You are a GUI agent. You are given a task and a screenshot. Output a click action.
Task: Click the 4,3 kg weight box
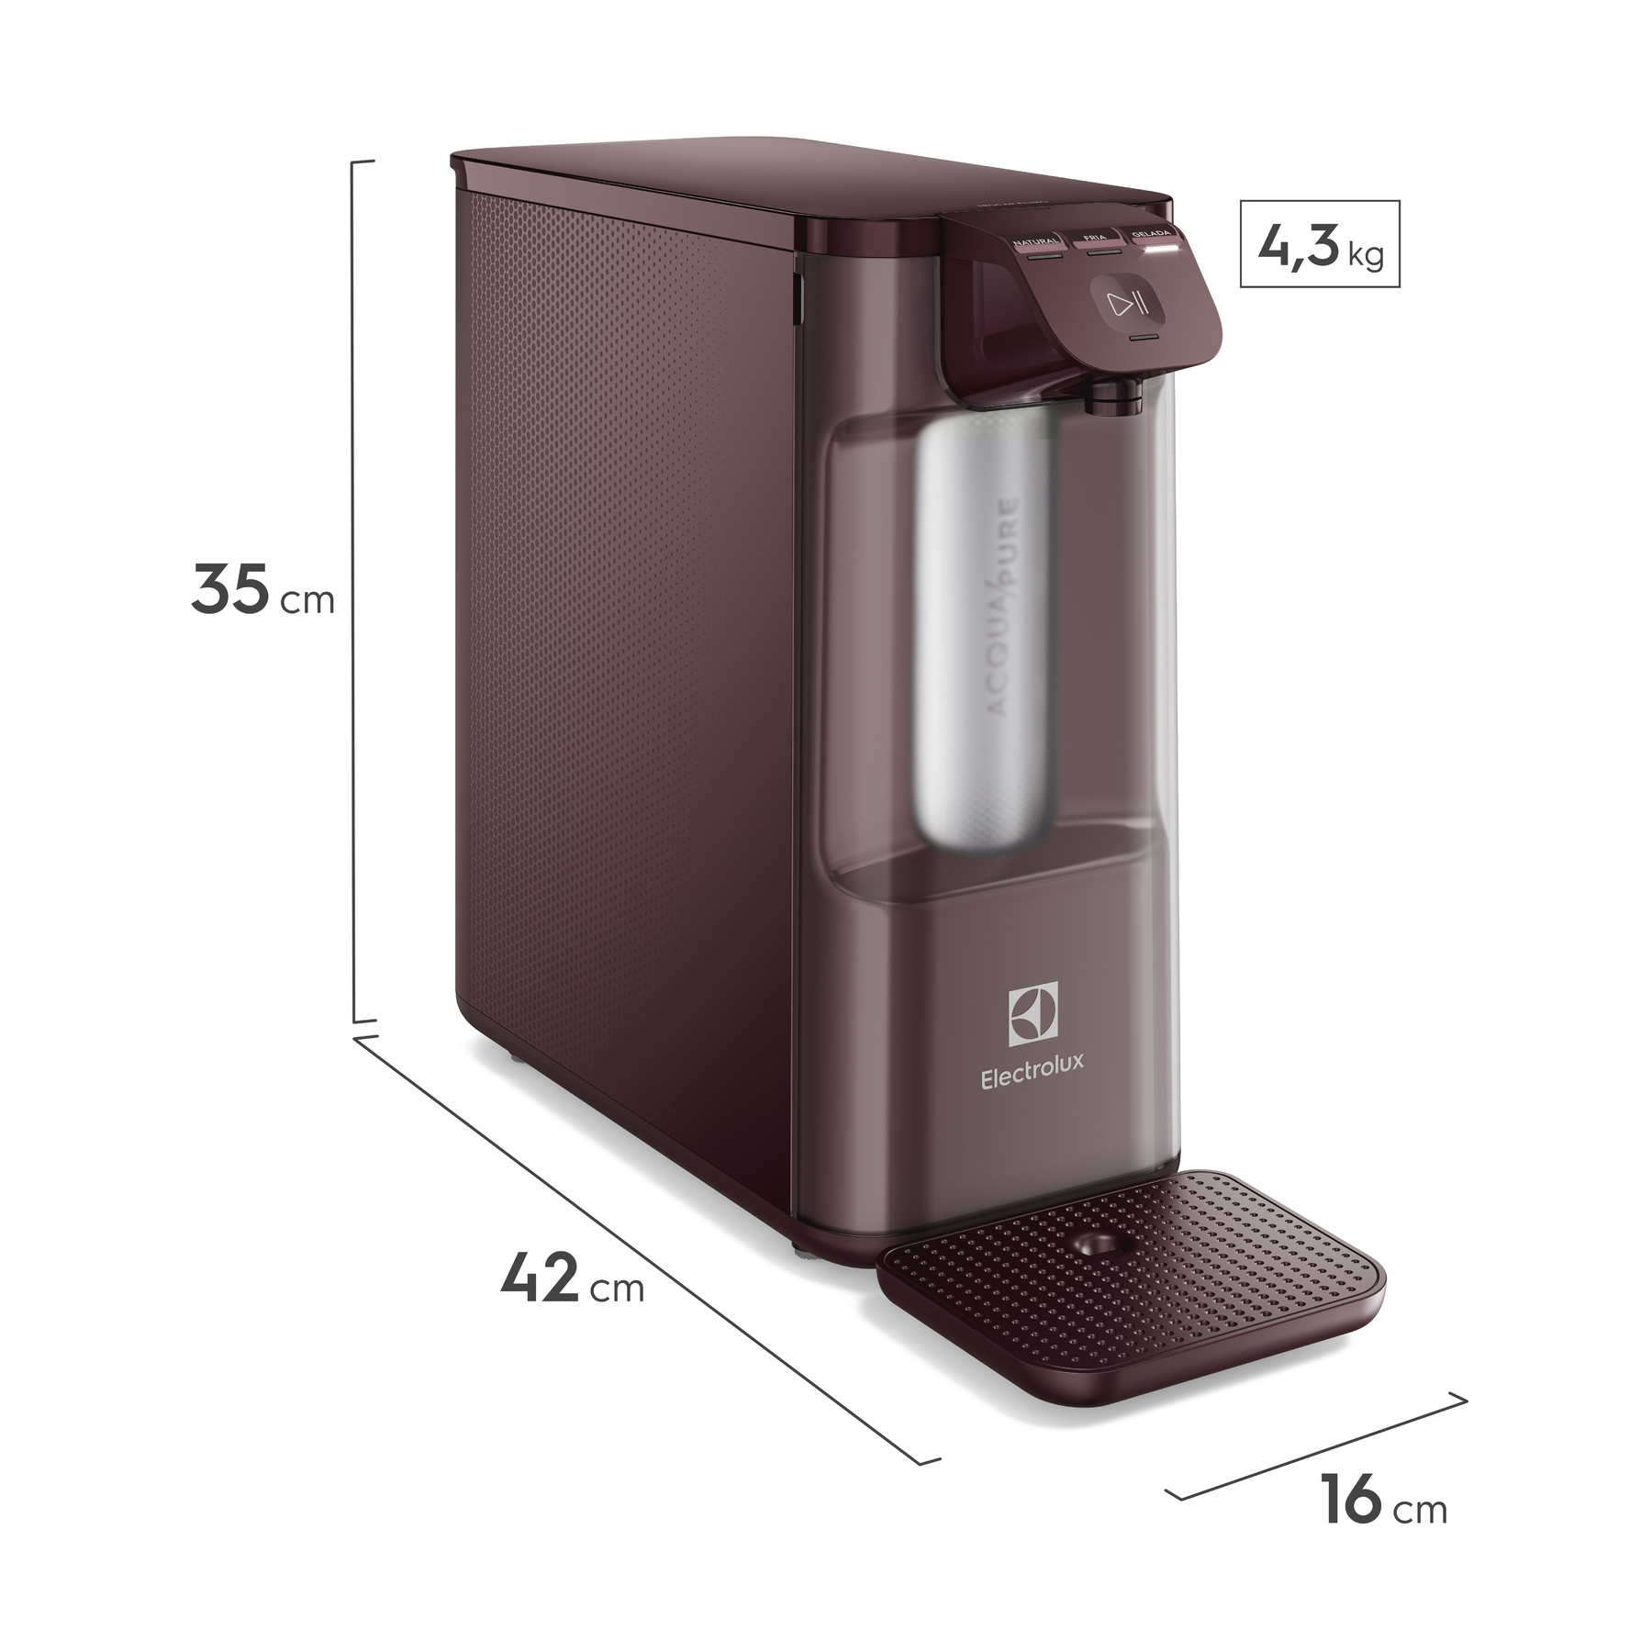pyautogui.click(x=1319, y=243)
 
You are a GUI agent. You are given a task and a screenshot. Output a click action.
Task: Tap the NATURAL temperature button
pyautogui.click(x=1034, y=245)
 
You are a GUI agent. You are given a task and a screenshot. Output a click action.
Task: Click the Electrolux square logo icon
pyautogui.click(x=1033, y=1013)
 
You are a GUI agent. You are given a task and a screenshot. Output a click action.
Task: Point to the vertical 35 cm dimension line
pyautogui.click(x=355, y=587)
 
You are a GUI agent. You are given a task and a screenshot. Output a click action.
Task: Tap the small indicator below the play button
pyautogui.click(x=1143, y=339)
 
